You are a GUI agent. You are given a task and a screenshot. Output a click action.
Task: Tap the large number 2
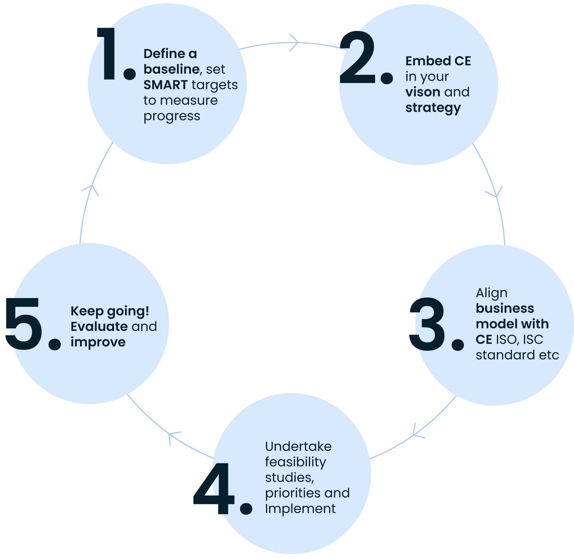pos(357,57)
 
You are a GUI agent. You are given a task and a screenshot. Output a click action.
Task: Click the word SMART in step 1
pos(166,85)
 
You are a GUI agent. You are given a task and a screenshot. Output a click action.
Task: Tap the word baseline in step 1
pos(172,69)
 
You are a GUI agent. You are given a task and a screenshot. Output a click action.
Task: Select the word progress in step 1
pos(172,116)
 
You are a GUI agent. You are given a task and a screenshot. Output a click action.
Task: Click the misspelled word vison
pos(422,92)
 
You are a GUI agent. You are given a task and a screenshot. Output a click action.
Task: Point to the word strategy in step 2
pos(433,108)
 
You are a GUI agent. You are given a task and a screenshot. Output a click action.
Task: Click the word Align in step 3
pos(492,293)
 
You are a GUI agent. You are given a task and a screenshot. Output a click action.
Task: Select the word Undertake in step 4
pos(298,446)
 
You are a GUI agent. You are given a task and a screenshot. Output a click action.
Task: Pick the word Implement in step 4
pos(300,509)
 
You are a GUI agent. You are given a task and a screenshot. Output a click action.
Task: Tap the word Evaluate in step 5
pos(99,326)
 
